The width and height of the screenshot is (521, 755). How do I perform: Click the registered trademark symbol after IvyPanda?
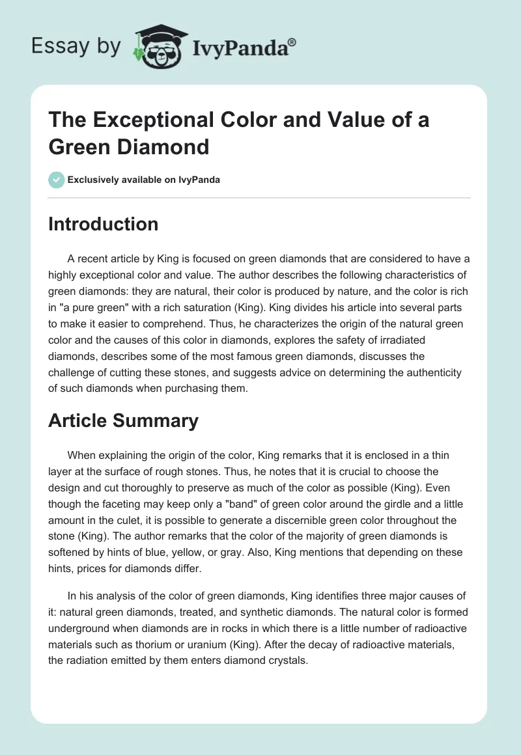click(x=292, y=42)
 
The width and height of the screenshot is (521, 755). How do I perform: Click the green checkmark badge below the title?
click(x=57, y=180)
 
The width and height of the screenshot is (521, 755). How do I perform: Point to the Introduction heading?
click(x=104, y=224)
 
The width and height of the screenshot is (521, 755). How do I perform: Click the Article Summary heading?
click(x=123, y=420)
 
